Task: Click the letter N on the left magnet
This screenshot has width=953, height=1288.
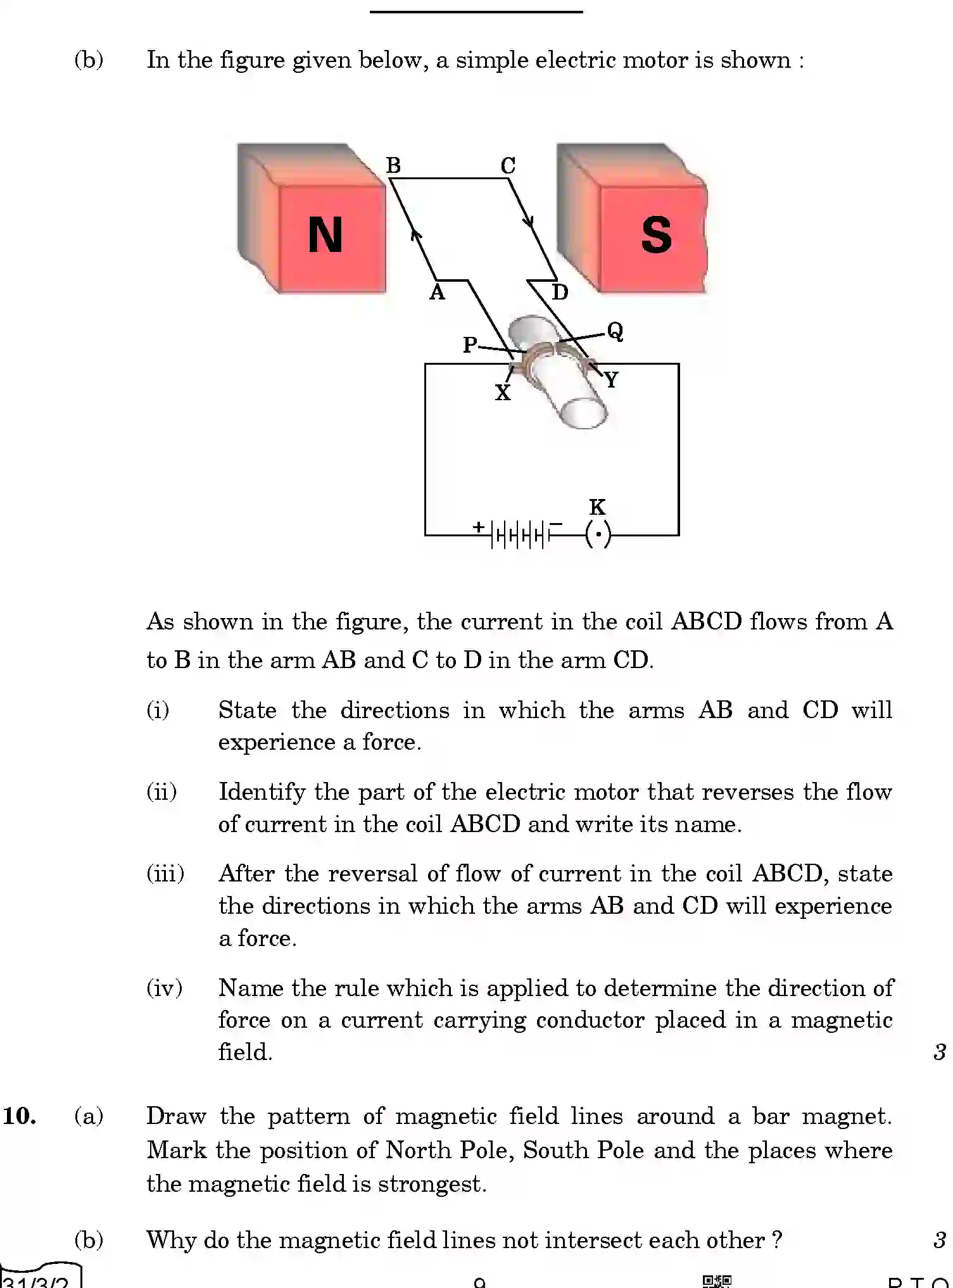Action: tap(325, 235)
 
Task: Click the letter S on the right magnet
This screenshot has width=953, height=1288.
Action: tap(656, 235)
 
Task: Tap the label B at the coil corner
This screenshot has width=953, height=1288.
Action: tap(393, 166)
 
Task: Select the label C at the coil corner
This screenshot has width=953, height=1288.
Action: tap(508, 166)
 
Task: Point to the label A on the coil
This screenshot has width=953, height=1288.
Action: tap(437, 293)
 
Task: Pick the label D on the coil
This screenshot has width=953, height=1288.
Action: tap(560, 293)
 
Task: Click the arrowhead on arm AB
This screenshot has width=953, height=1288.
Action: tap(416, 235)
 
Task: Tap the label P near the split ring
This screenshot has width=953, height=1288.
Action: tap(470, 345)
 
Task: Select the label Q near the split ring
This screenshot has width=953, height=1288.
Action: tap(615, 331)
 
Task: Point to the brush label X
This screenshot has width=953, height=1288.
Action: tap(502, 393)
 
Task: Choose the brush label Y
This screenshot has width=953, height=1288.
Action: tap(610, 380)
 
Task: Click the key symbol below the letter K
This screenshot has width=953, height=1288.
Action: tap(598, 534)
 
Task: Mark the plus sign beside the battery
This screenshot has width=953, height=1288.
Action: tap(479, 526)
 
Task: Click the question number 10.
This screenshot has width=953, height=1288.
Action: tap(20, 1116)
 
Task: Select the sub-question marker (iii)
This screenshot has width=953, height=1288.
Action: tap(165, 874)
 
